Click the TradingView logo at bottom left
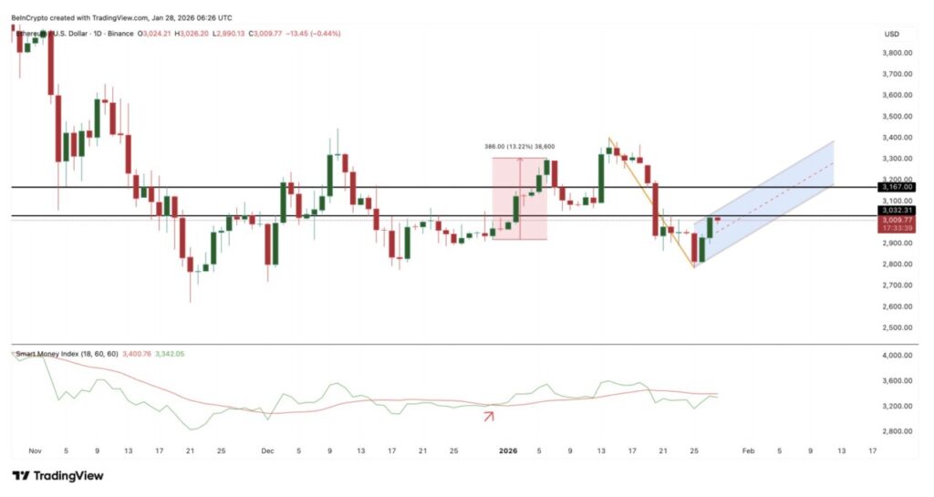tap(57, 475)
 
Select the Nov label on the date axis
tap(36, 450)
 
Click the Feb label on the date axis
tap(748, 450)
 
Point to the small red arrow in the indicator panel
tap(489, 417)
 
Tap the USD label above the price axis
tap(891, 34)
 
